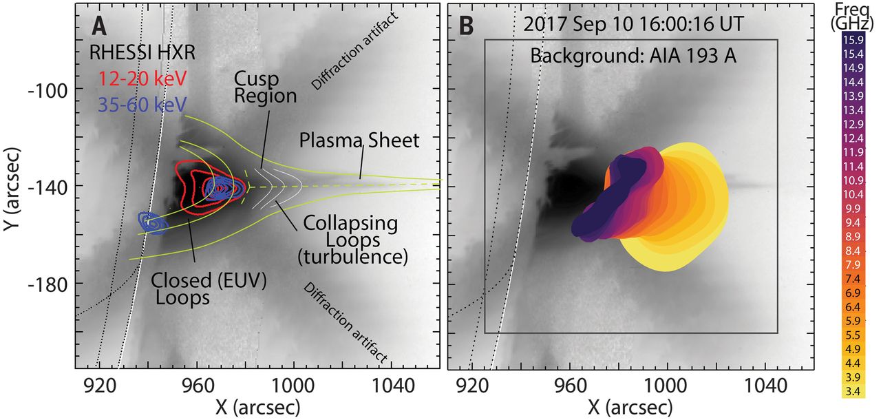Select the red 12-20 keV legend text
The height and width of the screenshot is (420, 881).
pyautogui.click(x=133, y=78)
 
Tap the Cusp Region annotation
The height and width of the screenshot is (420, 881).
pyautogui.click(x=265, y=86)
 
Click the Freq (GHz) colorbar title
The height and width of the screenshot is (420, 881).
pyautogui.click(x=851, y=16)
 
